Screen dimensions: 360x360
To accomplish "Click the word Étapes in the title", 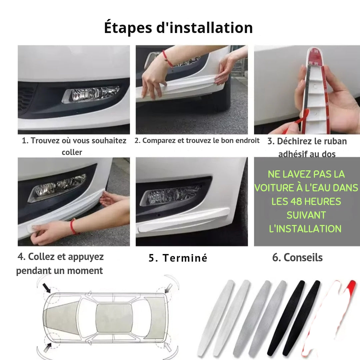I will point(128,28).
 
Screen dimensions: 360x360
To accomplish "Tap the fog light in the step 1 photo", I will point(91,94).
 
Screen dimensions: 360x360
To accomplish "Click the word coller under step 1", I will point(72,152).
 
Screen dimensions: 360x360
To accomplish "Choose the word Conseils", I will point(303,258).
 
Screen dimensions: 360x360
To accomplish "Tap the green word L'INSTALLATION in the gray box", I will point(305,229).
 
